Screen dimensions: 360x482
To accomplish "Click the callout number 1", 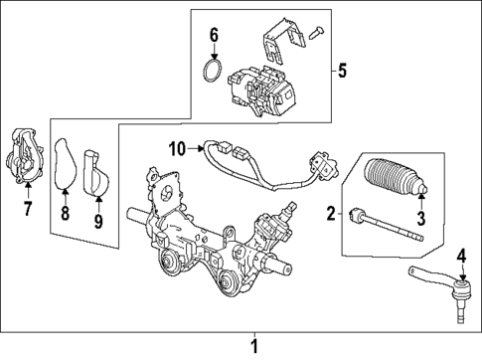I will pos(252,345).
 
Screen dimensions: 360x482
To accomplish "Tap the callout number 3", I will pos(419,217).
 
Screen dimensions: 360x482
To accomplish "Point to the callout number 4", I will pos(461,258).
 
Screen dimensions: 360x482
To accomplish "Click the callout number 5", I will pos(344,71).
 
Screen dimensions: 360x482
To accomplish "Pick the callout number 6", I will pos(213,39).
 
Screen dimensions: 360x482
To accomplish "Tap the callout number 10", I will pos(176,150).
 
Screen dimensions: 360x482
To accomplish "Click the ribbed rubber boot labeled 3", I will pos(396,178).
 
